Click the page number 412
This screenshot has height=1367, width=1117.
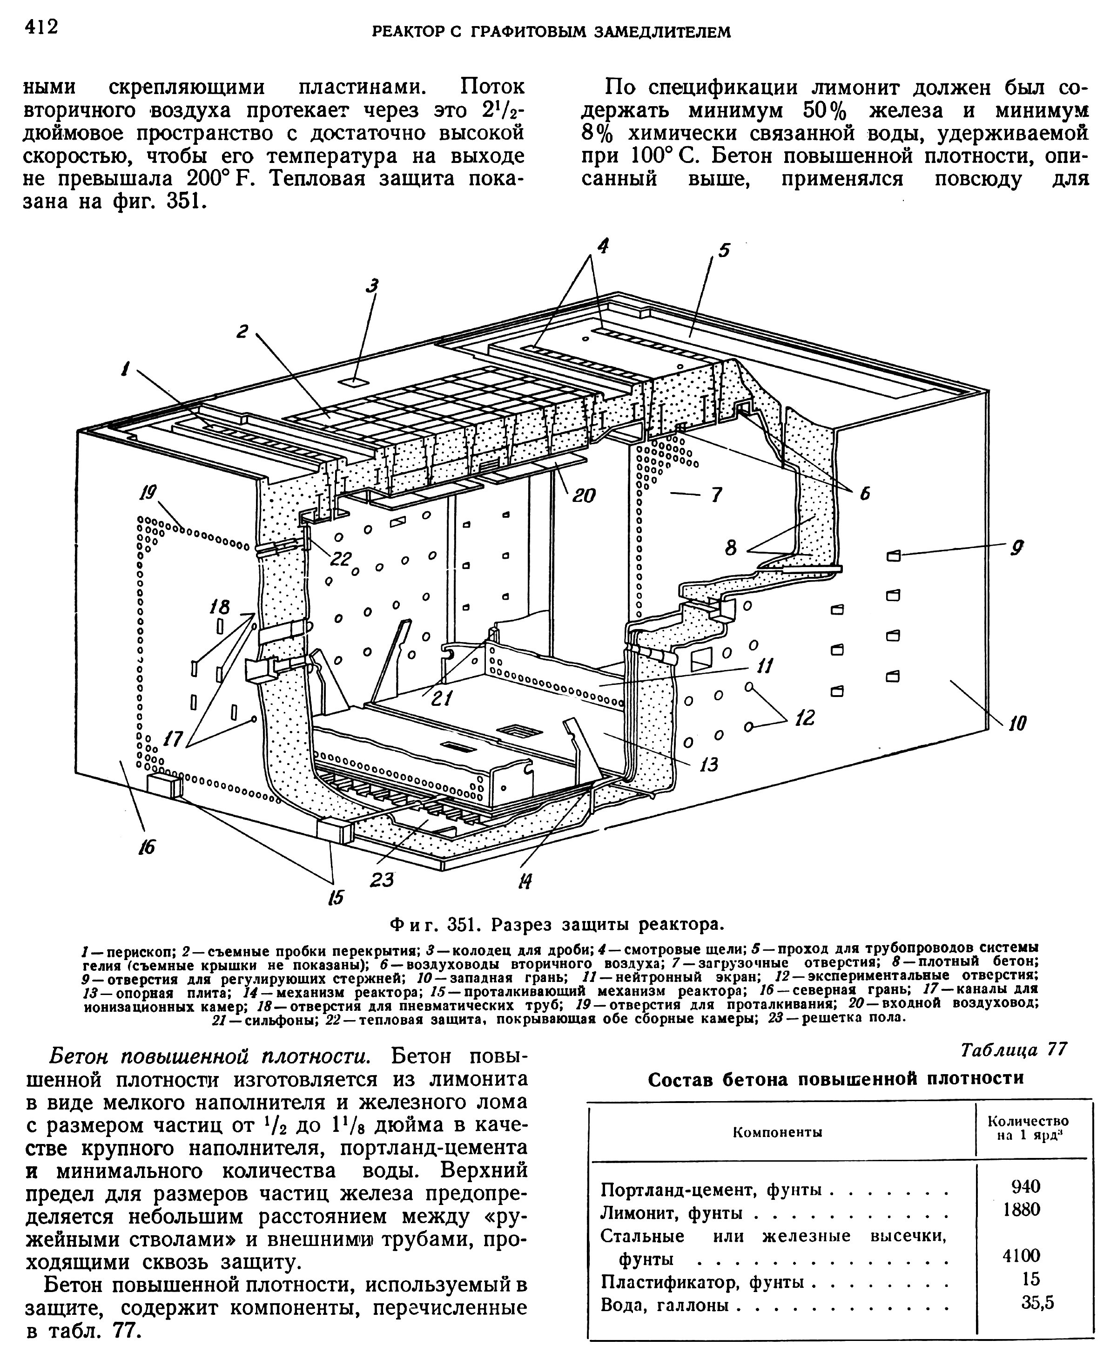tap(41, 27)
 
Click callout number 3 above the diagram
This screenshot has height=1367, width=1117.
tap(371, 286)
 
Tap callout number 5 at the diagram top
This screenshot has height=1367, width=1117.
tap(725, 249)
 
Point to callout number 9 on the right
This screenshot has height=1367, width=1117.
tap(1016, 547)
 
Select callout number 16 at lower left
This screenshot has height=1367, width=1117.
tap(147, 847)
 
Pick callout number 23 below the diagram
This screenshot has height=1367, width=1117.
tap(382, 879)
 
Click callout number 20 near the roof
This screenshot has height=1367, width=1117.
tap(584, 494)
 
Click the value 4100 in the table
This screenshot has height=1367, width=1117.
tap(1021, 1254)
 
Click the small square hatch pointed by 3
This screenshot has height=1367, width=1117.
tap(351, 381)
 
